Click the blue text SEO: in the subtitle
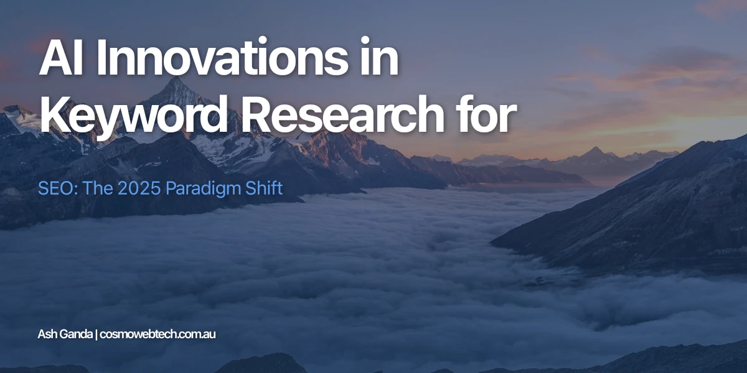click(x=52, y=188)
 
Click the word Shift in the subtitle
click(x=266, y=188)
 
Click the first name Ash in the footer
click(x=47, y=334)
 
